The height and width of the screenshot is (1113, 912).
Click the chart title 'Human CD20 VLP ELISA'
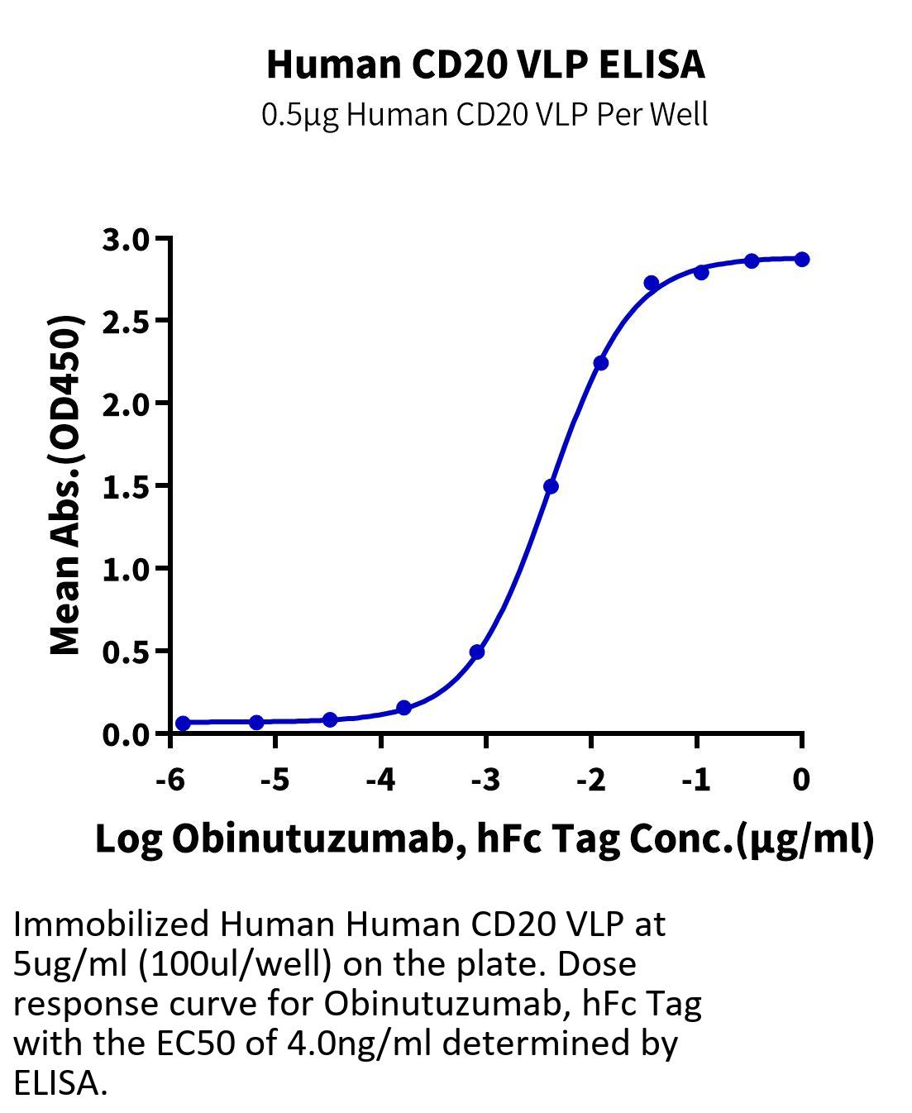pyautogui.click(x=485, y=65)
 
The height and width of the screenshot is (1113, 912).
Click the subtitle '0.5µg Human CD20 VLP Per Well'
pyautogui.click(x=485, y=114)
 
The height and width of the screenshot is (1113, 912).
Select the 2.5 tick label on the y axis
pyautogui.click(x=127, y=322)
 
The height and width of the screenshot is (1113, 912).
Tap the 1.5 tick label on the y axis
pyautogui.click(x=127, y=487)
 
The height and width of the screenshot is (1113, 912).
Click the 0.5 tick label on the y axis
pyautogui.click(x=127, y=652)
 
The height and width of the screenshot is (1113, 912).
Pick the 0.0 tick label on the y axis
pyautogui.click(x=127, y=734)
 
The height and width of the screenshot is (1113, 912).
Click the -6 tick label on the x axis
pyautogui.click(x=170, y=780)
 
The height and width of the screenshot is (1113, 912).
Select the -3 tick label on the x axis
pyautogui.click(x=486, y=780)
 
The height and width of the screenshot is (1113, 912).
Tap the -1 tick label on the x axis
pyautogui.click(x=696, y=780)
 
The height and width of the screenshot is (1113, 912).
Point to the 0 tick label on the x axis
pyautogui.click(x=801, y=780)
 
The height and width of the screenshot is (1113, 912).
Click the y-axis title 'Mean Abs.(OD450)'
pyautogui.click(x=65, y=486)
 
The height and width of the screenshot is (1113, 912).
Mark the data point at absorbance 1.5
pyautogui.click(x=551, y=486)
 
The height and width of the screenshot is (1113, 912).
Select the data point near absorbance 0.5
pyautogui.click(x=477, y=652)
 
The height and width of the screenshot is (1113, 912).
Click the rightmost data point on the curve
pyautogui.click(x=802, y=259)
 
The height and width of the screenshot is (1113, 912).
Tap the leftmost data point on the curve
pyautogui.click(x=183, y=723)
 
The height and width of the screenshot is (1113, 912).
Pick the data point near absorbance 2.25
pyautogui.click(x=600, y=363)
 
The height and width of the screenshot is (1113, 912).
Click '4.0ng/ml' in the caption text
pyautogui.click(x=360, y=1044)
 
